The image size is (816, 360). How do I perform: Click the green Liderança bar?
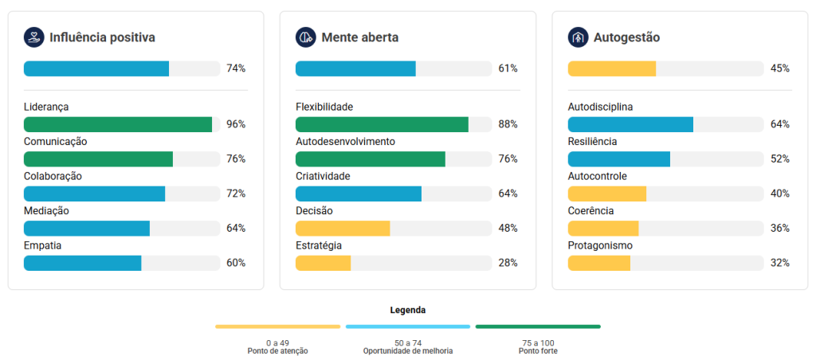click(x=118, y=124)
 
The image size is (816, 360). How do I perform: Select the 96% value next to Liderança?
click(x=236, y=124)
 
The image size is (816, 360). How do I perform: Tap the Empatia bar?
click(x=83, y=263)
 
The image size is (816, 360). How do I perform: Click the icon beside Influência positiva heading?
click(x=33, y=37)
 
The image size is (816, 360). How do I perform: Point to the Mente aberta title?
click(x=359, y=37)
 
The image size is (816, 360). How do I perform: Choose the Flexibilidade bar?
click(x=382, y=124)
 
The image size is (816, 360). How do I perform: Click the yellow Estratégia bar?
click(x=324, y=263)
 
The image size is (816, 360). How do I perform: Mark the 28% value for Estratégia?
click(x=508, y=263)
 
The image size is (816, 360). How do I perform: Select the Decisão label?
click(x=314, y=211)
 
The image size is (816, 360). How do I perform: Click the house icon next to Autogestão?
click(x=578, y=37)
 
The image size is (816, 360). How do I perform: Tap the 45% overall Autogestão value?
click(x=780, y=68)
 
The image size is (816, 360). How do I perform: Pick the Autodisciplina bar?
click(x=630, y=124)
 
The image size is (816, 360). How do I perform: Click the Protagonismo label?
click(x=600, y=245)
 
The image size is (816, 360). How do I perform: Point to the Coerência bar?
click(x=603, y=228)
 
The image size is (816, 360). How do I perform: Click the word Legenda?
click(x=408, y=310)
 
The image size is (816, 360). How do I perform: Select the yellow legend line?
click(x=277, y=327)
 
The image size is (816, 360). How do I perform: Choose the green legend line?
click(x=538, y=327)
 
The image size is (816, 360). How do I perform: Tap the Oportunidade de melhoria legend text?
click(x=408, y=351)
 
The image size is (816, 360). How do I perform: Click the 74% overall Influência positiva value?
click(x=236, y=68)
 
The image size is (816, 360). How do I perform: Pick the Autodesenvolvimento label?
click(x=345, y=142)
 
